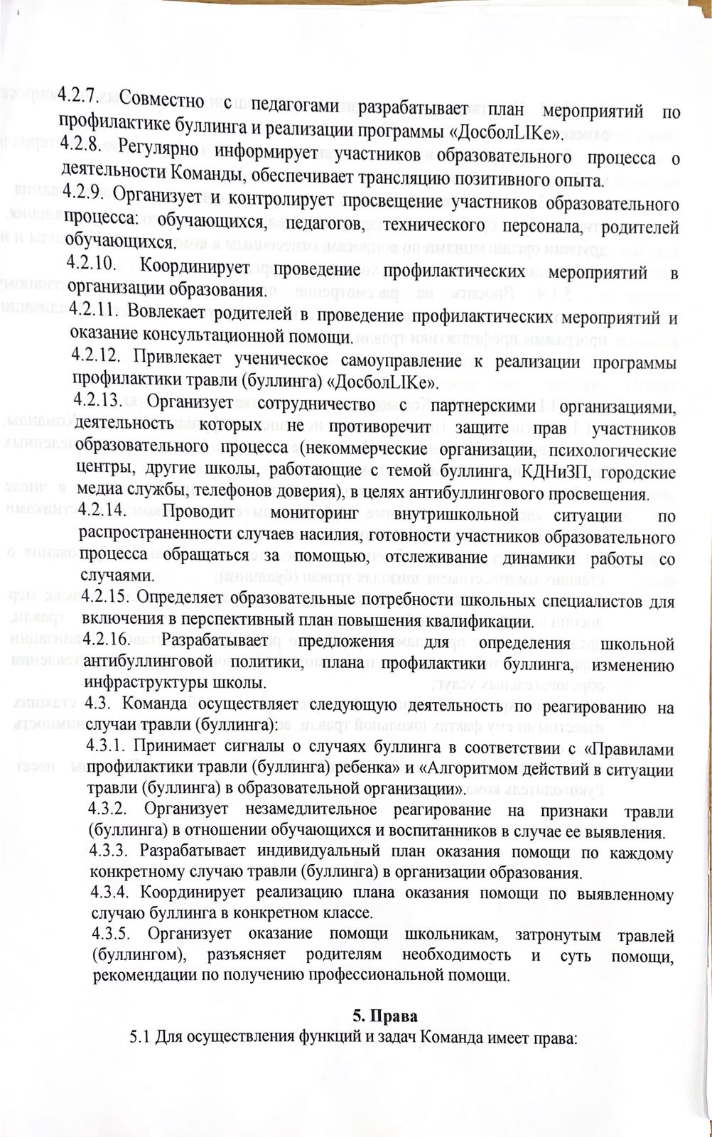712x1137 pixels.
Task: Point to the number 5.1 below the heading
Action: coord(139,1036)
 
